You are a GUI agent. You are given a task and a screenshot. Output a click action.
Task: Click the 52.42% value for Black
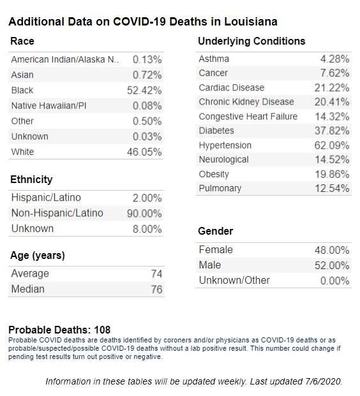[x=144, y=91]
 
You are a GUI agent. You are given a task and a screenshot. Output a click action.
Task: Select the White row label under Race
[x=22, y=152]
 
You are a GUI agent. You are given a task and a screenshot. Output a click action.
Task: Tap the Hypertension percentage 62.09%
[x=332, y=145]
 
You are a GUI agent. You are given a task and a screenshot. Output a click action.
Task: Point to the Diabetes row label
[x=216, y=131]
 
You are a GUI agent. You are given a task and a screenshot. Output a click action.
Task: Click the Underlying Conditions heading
[x=251, y=41]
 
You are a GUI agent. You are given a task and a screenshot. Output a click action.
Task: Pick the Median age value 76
[x=156, y=290]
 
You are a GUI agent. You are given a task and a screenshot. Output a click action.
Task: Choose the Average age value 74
[x=156, y=274]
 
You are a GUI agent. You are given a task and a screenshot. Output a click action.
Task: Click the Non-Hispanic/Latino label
[x=57, y=213]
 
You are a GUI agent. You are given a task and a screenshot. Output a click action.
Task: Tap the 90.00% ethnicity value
[x=144, y=214]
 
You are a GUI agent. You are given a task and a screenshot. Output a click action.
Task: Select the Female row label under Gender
[x=216, y=250]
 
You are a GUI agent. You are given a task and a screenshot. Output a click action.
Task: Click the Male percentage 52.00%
[x=332, y=265]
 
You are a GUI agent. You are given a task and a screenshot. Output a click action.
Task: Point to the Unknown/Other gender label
[x=234, y=281]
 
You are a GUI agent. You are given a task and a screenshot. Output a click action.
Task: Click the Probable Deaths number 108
[x=102, y=330]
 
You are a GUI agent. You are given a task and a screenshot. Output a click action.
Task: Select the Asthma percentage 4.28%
[x=334, y=59]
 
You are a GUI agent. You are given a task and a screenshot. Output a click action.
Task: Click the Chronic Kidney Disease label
[x=246, y=102]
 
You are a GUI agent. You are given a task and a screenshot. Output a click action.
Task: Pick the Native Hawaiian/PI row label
[x=49, y=106]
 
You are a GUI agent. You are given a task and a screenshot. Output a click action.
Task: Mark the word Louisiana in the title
[x=251, y=22]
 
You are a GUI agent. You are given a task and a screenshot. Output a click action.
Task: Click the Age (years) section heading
[x=38, y=256]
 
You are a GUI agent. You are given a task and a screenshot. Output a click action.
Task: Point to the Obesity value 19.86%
[x=332, y=174]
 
